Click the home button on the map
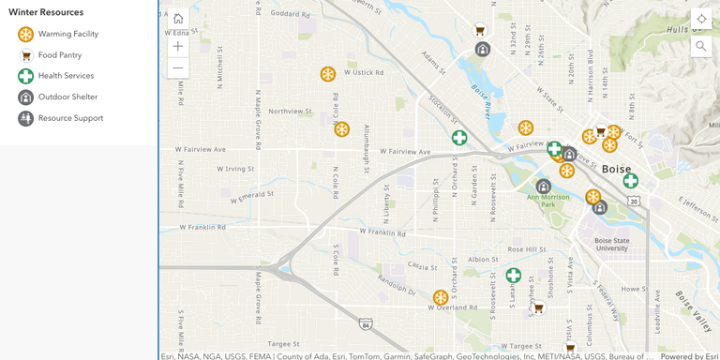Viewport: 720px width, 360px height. pyautogui.click(x=178, y=19)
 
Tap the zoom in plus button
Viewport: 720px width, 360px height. pyautogui.click(x=178, y=45)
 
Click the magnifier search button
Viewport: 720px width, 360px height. pyautogui.click(x=701, y=46)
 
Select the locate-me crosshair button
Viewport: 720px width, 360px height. pyautogui.click(x=701, y=19)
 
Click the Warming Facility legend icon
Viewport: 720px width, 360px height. pyautogui.click(x=26, y=34)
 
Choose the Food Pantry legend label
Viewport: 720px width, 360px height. pyautogui.click(x=60, y=55)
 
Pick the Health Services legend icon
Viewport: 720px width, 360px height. pyautogui.click(x=26, y=76)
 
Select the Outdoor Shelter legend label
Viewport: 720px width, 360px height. pyautogui.click(x=67, y=97)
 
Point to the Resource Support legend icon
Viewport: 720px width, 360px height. pyautogui.click(x=26, y=118)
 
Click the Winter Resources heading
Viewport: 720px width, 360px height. pyautogui.click(x=46, y=12)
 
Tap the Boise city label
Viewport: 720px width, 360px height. pyautogui.click(x=616, y=169)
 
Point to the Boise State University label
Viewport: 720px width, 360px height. pyautogui.click(x=611, y=244)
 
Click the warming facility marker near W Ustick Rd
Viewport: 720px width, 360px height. pyautogui.click(x=328, y=74)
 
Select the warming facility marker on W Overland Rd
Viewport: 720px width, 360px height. pyautogui.click(x=441, y=298)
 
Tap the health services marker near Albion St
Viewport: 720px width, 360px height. pyautogui.click(x=514, y=276)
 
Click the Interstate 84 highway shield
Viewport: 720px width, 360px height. pyautogui.click(x=366, y=324)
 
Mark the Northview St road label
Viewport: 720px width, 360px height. pyautogui.click(x=290, y=111)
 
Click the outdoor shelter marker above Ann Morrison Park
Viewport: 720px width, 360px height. pyautogui.click(x=544, y=186)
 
